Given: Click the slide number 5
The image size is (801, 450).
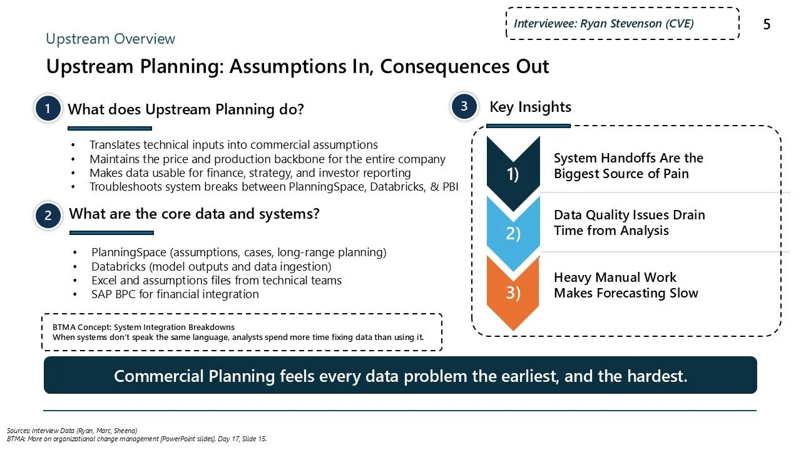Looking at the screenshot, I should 767,25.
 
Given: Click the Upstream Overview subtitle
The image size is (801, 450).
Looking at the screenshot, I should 111,39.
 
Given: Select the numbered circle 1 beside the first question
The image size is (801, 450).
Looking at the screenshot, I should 48,109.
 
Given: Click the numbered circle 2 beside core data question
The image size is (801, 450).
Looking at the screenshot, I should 48,216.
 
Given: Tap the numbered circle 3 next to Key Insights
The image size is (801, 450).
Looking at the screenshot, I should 464,107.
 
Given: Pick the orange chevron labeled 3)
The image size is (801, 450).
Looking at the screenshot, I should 513,292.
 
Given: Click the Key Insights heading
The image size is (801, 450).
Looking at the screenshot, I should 530,107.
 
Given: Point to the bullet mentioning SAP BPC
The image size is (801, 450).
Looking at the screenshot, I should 175,294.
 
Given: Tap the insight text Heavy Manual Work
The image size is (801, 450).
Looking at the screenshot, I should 615,277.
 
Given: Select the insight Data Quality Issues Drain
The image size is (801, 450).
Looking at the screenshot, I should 629,215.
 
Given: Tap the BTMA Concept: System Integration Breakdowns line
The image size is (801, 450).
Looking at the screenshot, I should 143,327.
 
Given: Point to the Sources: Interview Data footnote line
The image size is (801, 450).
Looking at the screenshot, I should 72,431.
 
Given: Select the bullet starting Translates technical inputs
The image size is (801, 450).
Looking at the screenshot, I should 233,144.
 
